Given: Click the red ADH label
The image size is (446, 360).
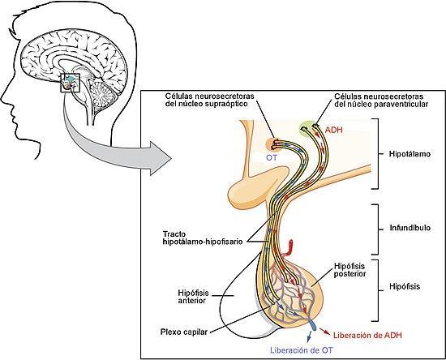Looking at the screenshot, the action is [x=334, y=131].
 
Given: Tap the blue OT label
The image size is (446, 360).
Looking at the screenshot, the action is [x=272, y=157].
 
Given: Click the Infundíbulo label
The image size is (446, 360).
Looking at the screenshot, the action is [x=410, y=228].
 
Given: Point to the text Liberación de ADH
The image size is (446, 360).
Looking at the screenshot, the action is [x=368, y=335].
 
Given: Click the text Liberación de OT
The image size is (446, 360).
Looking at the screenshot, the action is [x=301, y=350].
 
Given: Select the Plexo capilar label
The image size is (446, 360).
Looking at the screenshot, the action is [x=184, y=332].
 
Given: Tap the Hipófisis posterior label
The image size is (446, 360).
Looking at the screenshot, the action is [x=350, y=270].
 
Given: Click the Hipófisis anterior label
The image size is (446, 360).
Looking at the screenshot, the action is [x=194, y=297].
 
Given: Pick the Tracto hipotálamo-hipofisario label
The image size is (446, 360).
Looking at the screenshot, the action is [x=203, y=238].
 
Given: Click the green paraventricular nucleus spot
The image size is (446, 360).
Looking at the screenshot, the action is [x=307, y=129].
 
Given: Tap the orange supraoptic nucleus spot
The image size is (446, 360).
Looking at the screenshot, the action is [x=272, y=144].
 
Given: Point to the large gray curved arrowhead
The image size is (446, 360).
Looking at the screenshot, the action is [x=160, y=157].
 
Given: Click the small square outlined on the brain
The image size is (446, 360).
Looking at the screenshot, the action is [x=71, y=83].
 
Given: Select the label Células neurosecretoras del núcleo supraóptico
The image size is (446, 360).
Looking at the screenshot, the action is [x=210, y=100].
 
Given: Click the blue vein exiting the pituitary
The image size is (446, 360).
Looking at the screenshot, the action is [x=312, y=325].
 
